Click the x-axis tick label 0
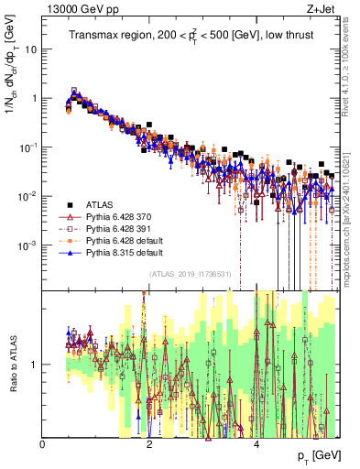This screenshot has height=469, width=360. pyautogui.click(x=42, y=444)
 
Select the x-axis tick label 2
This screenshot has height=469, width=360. pyautogui.click(x=150, y=444)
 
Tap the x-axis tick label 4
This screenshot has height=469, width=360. pyautogui.click(x=257, y=444)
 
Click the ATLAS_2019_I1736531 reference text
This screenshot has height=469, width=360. pyautogui.click(x=190, y=274)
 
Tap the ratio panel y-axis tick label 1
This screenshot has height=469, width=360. pyautogui.click(x=35, y=365)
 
